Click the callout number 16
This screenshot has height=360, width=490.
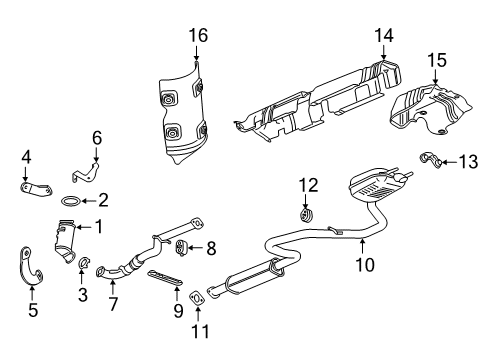[198, 36]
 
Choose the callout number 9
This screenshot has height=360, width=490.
[176, 310]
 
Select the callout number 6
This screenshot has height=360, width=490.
[97, 137]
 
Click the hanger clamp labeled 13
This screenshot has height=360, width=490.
[432, 159]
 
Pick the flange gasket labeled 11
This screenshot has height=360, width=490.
[197, 294]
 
